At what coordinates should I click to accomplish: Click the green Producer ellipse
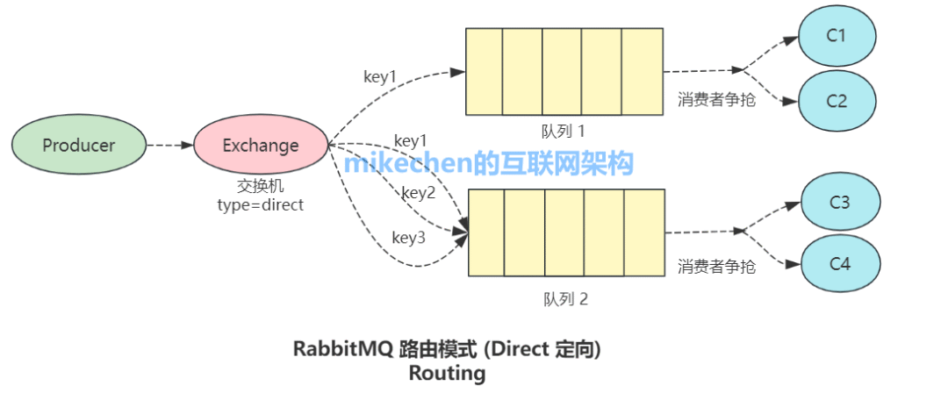tap(79, 146)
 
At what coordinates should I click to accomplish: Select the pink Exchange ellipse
tap(261, 146)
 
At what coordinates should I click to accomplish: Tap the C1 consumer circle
tap(837, 36)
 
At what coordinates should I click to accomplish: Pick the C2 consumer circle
tap(837, 100)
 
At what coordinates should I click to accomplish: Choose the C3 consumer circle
tap(839, 203)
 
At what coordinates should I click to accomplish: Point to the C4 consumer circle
tap(839, 262)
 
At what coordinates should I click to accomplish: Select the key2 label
tap(419, 192)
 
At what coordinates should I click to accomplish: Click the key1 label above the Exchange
tap(380, 76)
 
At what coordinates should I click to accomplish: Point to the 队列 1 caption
tap(564, 131)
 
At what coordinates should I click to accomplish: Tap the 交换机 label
tap(260, 187)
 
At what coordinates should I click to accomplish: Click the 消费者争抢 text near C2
tap(716, 98)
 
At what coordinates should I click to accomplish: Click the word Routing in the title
tap(447, 373)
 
